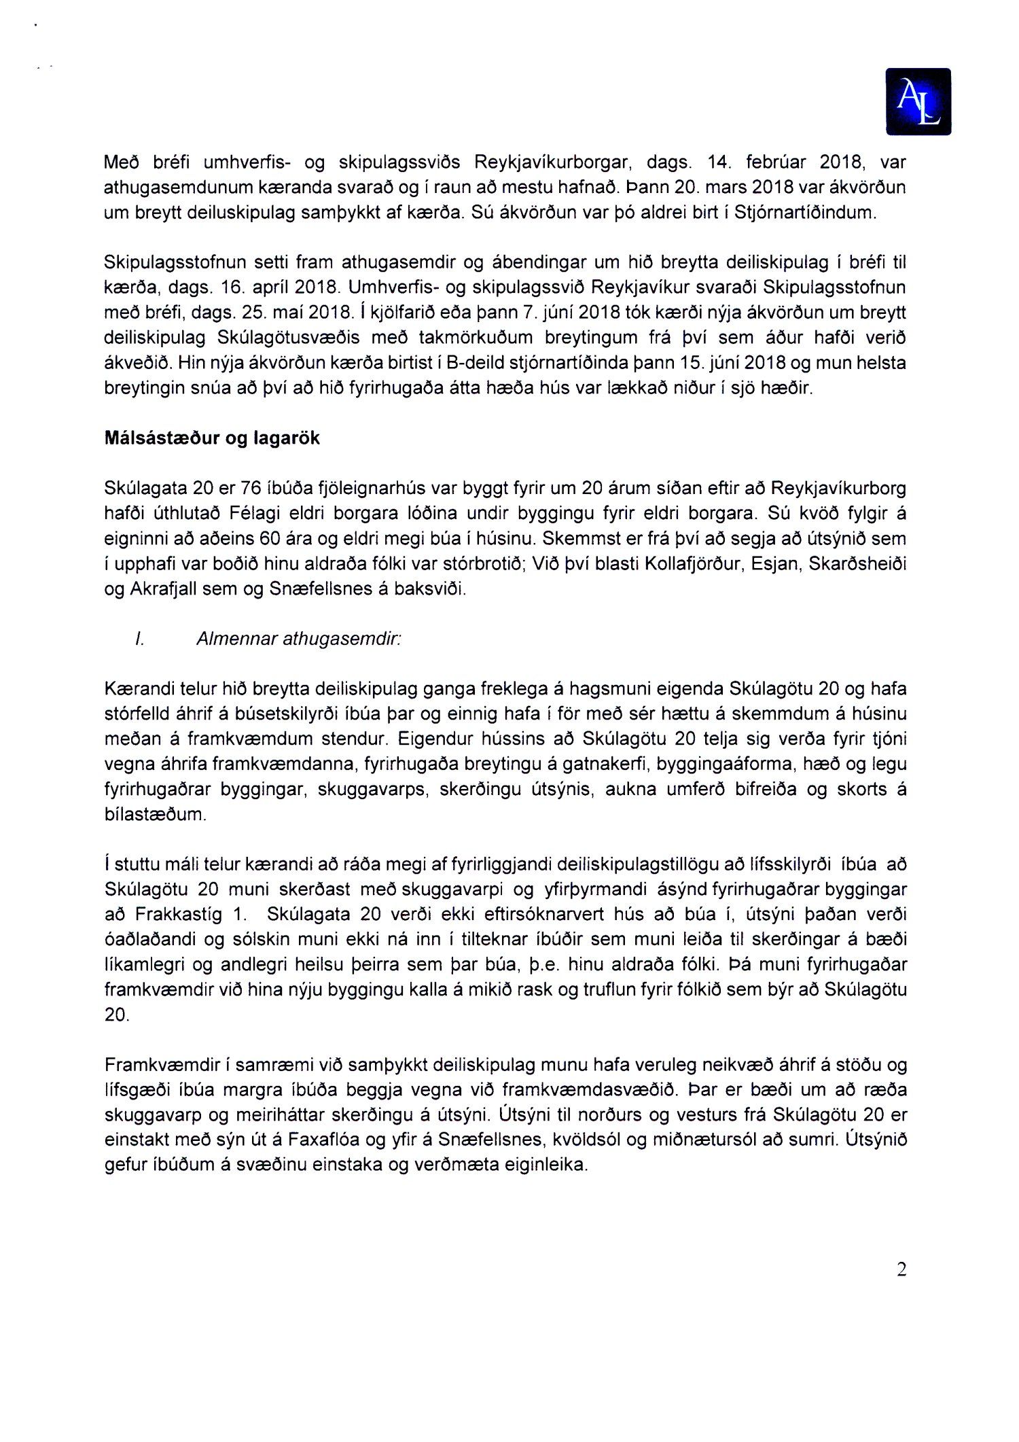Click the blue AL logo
pyautogui.click(x=918, y=101)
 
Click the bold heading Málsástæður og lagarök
pyautogui.click(x=212, y=438)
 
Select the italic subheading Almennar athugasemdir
pyautogui.click(x=298, y=639)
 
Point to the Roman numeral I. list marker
pyautogui.click(x=140, y=639)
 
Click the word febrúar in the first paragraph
pyautogui.click(x=776, y=162)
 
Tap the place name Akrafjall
pyautogui.click(x=161, y=589)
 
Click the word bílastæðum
pyautogui.click(x=155, y=814)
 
